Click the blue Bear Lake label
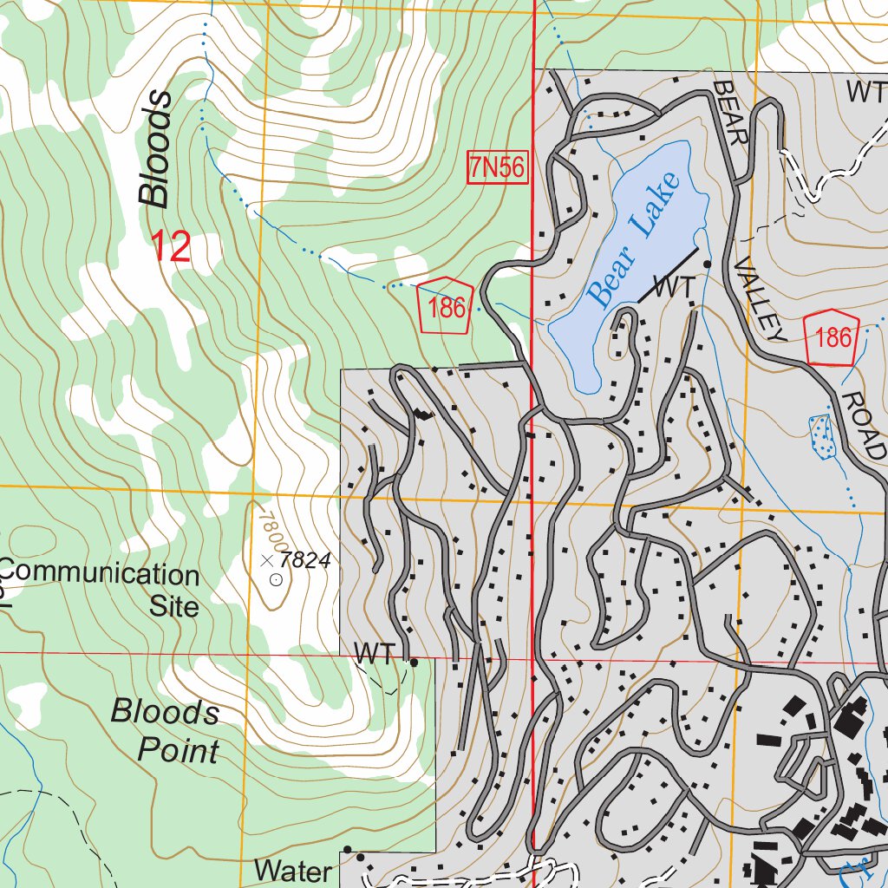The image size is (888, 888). point(632,240)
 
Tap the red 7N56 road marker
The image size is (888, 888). point(497,168)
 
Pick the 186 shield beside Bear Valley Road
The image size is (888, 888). point(833,336)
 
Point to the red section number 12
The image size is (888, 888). point(172,248)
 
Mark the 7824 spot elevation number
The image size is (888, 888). point(306,560)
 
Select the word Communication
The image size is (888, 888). point(100,575)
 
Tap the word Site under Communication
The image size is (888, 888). point(174,605)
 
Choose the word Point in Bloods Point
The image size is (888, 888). point(179,749)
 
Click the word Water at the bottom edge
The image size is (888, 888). point(293,871)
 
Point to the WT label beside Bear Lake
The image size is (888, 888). point(674,289)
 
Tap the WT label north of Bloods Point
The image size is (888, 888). point(375,655)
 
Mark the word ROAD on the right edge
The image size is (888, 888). point(864,424)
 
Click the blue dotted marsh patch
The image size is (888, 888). point(821,435)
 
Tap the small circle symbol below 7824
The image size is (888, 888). point(276,579)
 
